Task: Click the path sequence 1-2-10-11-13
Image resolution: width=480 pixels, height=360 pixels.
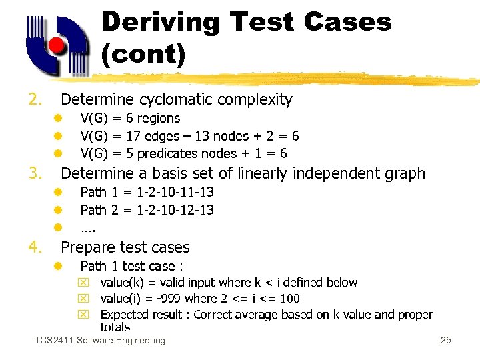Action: click(x=175, y=193)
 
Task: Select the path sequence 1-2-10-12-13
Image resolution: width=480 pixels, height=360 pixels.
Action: click(x=175, y=210)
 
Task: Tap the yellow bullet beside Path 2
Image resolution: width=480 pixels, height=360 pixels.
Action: click(x=58, y=210)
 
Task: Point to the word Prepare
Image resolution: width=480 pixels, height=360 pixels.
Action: click(x=87, y=247)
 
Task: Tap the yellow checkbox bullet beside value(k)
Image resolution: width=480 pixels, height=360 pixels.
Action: click(x=85, y=283)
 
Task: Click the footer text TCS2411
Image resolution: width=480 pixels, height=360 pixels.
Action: click(x=54, y=341)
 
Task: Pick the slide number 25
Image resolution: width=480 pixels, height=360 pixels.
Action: click(x=446, y=341)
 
